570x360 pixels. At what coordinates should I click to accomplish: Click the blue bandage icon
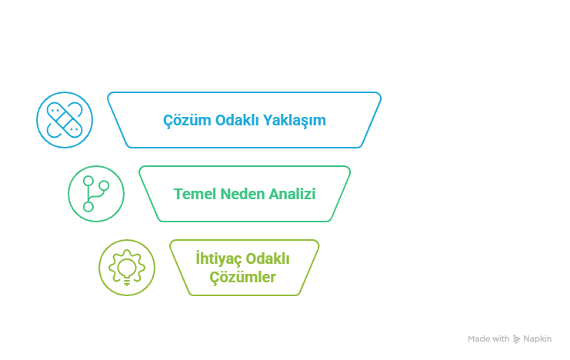click(64, 119)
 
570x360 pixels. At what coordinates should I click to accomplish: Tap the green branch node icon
click(95, 192)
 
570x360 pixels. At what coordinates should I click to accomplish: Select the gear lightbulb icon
click(126, 266)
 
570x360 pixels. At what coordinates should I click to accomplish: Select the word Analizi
click(292, 193)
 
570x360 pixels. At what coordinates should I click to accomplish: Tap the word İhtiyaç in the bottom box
click(219, 258)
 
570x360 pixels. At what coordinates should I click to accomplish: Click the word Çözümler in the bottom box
click(243, 277)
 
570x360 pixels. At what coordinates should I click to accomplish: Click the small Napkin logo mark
click(517, 338)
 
